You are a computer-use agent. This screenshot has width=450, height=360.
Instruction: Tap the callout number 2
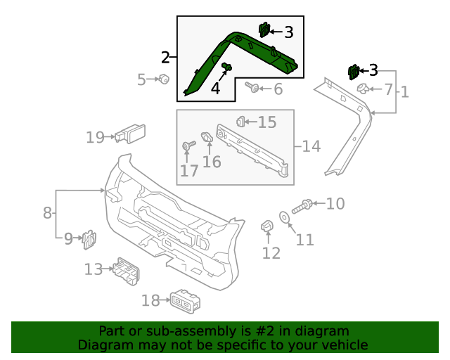(165, 57)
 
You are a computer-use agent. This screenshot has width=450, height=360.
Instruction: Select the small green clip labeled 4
(226, 67)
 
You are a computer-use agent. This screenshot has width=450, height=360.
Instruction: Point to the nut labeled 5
(163, 79)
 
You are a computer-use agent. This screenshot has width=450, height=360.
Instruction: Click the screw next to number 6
(252, 88)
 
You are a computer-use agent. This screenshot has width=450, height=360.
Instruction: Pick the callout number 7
(388, 89)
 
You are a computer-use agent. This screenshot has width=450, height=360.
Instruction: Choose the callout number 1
(404, 91)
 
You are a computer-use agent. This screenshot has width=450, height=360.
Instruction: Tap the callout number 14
(311, 146)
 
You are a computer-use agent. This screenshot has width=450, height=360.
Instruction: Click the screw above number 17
(188, 146)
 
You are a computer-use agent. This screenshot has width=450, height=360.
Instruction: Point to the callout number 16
(212, 162)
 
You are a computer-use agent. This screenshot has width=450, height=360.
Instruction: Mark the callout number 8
(47, 212)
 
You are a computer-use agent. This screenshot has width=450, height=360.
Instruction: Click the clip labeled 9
(89, 240)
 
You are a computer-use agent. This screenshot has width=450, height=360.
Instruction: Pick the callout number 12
(271, 253)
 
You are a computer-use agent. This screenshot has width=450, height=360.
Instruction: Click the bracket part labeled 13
(125, 271)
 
